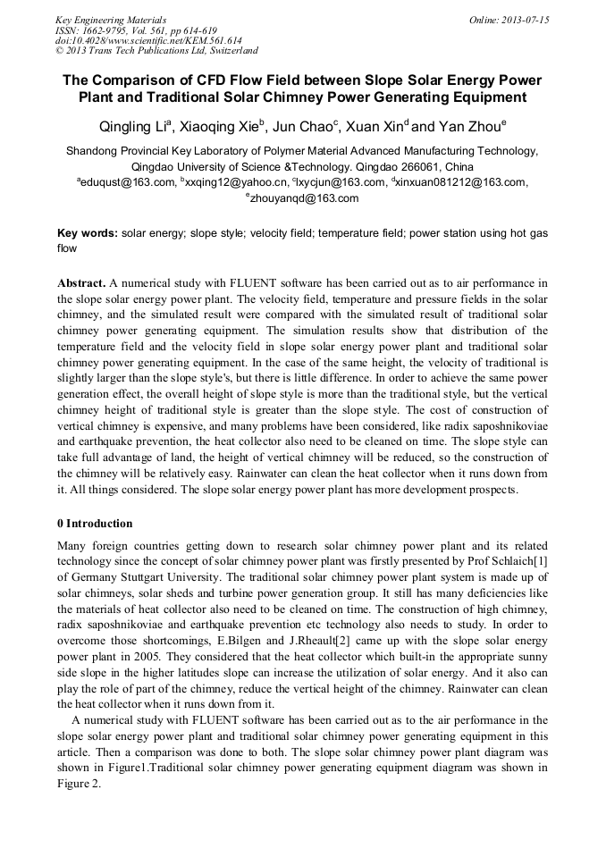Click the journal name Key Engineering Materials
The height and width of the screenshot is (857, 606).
[111, 20]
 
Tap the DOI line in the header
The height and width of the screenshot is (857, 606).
[148, 41]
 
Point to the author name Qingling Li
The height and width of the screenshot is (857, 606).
[134, 126]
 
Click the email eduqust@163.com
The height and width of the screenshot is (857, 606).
[128, 182]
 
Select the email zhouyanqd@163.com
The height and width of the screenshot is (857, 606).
[304, 198]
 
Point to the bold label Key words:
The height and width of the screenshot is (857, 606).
[87, 233]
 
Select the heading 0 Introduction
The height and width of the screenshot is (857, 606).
[95, 524]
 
